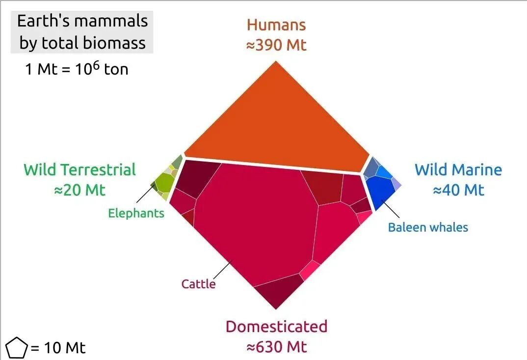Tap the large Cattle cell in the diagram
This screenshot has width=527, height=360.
pos(255,226)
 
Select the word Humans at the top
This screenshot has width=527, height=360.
pos(276,25)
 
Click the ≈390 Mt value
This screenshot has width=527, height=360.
pos(276,45)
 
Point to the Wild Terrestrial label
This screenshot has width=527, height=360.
pos(79,170)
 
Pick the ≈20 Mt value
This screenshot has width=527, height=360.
pos(79,190)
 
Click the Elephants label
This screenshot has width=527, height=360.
pos(136,213)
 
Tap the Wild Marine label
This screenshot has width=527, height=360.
pos(458,170)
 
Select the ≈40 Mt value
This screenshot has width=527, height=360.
pos(458,190)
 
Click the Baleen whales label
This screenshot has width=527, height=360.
pos(428,227)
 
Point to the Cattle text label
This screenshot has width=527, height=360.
pos(198,284)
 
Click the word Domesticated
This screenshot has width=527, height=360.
pos(276,327)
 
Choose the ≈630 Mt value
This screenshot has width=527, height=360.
pos(276,347)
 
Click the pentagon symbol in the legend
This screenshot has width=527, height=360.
pos(16,348)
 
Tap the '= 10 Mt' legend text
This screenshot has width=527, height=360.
pos(58,348)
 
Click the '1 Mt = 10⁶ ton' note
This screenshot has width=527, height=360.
pos(77,69)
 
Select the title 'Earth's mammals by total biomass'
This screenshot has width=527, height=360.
pos(82,32)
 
